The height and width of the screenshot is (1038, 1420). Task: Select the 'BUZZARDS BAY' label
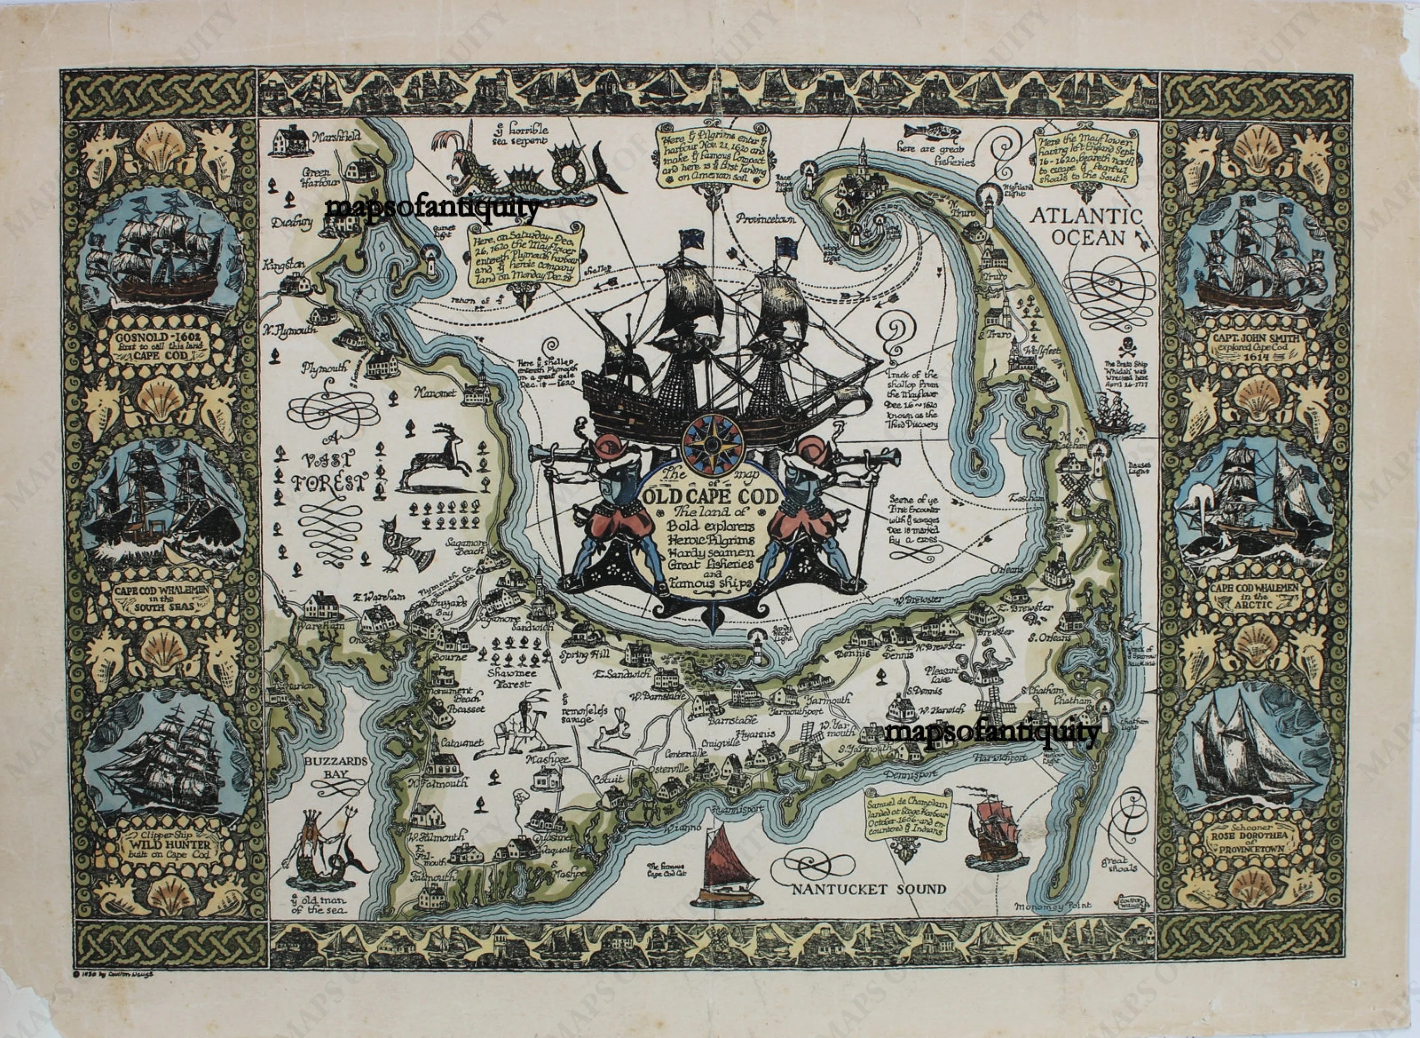[x=336, y=767]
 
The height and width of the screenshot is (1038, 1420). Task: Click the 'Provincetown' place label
[x=766, y=219]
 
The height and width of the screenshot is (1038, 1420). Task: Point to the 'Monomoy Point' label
[x=1053, y=905]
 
